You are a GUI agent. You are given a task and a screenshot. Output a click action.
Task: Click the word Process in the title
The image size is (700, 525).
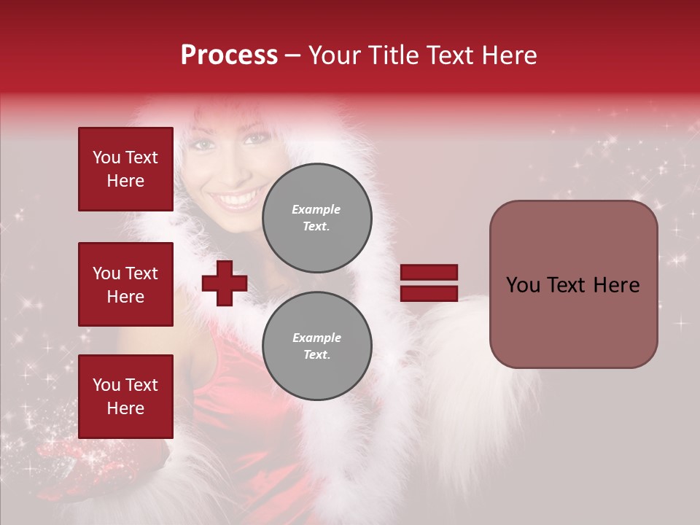pyautogui.click(x=229, y=55)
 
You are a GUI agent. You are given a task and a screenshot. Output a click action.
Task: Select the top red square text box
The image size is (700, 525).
pyautogui.click(x=125, y=169)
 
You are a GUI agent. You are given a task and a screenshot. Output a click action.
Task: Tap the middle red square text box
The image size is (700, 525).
pyautogui.click(x=125, y=284)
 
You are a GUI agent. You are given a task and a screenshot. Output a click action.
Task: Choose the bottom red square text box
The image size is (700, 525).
pyautogui.click(x=125, y=397)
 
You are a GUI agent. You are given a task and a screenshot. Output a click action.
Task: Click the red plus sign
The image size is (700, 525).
pyautogui.click(x=225, y=283)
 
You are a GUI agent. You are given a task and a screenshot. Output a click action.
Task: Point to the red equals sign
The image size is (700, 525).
pyautogui.click(x=429, y=283)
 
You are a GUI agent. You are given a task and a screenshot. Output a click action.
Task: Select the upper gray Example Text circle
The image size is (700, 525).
pyautogui.click(x=316, y=217)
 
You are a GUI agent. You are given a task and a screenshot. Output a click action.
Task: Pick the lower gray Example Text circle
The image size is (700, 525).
pyautogui.click(x=316, y=346)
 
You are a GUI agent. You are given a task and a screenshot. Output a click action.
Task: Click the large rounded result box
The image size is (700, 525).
pyautogui.click(x=573, y=284)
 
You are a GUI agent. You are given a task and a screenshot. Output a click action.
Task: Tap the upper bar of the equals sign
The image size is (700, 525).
pyautogui.click(x=429, y=273)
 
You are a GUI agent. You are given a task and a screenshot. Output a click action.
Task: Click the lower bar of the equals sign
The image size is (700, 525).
pyautogui.click(x=429, y=294)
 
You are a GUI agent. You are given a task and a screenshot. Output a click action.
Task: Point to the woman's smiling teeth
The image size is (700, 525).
pyautogui.click(x=237, y=198)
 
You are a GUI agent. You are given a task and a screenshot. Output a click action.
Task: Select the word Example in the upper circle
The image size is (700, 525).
pyautogui.click(x=316, y=209)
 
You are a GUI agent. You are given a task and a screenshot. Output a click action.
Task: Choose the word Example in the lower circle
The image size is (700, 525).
pyautogui.click(x=316, y=338)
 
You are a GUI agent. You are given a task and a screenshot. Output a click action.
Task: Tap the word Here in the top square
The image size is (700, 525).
pyautogui.click(x=125, y=181)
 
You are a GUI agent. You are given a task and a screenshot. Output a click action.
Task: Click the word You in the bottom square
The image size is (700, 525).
pyautogui.click(x=106, y=385)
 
